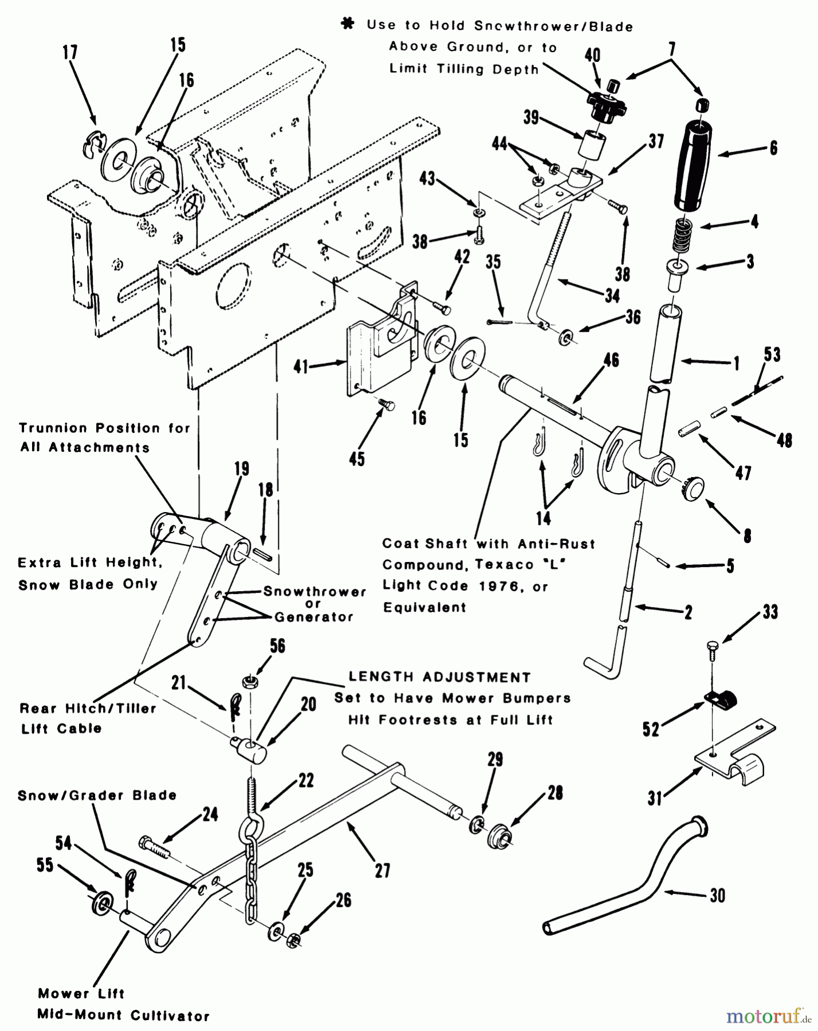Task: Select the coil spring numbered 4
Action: click(679, 235)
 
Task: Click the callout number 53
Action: click(772, 355)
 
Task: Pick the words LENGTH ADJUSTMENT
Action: click(439, 677)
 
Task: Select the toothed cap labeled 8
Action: click(694, 490)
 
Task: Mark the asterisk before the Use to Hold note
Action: click(347, 25)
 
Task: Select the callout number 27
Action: click(382, 871)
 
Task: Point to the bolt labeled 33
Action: click(711, 651)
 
